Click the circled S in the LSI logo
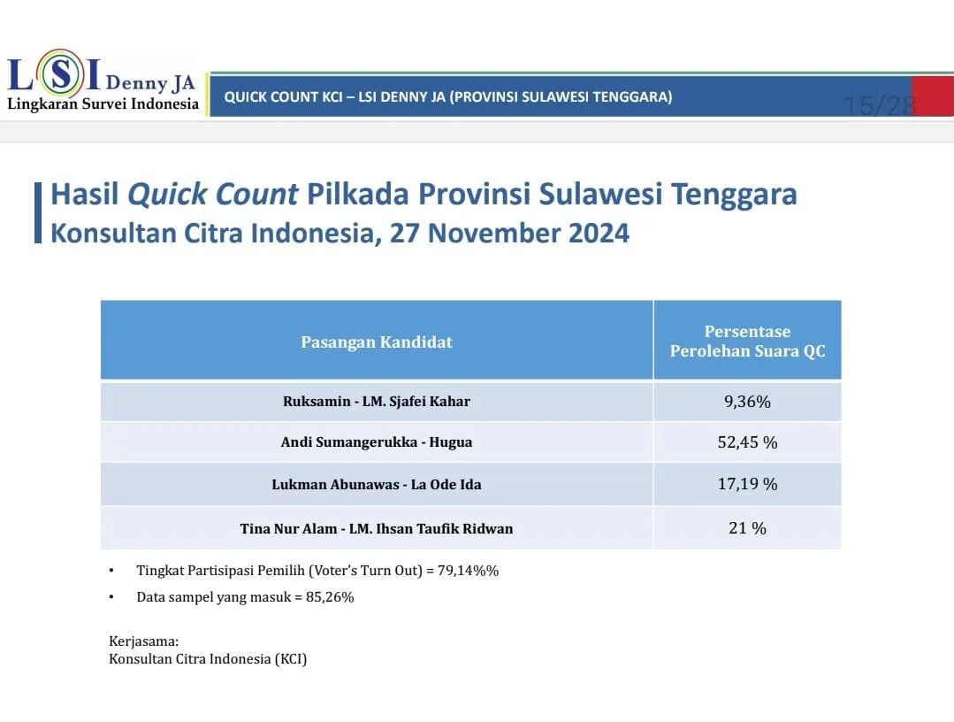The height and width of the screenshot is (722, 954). pyautogui.click(x=61, y=73)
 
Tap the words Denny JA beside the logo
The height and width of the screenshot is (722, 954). pyautogui.click(x=150, y=82)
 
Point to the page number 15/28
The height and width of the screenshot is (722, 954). pyautogui.click(x=880, y=105)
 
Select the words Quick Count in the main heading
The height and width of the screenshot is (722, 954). pyautogui.click(x=212, y=194)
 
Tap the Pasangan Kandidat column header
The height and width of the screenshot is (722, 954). pyautogui.click(x=377, y=342)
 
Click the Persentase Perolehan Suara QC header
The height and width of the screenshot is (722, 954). pyautogui.click(x=747, y=341)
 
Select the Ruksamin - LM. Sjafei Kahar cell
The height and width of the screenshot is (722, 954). pyautogui.click(x=377, y=401)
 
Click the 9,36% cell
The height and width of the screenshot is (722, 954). pyautogui.click(x=747, y=402)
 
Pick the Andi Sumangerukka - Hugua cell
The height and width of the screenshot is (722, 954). pyautogui.click(x=377, y=442)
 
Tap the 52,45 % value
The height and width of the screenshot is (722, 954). pyautogui.click(x=747, y=442)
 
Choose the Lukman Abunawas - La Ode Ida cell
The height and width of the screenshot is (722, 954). pyautogui.click(x=377, y=485)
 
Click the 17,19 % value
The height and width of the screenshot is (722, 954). pyautogui.click(x=747, y=484)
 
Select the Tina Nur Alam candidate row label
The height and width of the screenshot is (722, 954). pyautogui.click(x=377, y=528)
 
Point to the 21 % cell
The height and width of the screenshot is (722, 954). pyautogui.click(x=747, y=528)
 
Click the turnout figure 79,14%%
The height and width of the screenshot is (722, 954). pyautogui.click(x=468, y=571)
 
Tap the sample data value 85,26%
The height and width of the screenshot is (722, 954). pyautogui.click(x=330, y=597)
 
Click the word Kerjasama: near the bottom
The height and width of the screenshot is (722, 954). pyautogui.click(x=143, y=641)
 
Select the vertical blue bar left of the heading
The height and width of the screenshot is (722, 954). pyautogui.click(x=38, y=212)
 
